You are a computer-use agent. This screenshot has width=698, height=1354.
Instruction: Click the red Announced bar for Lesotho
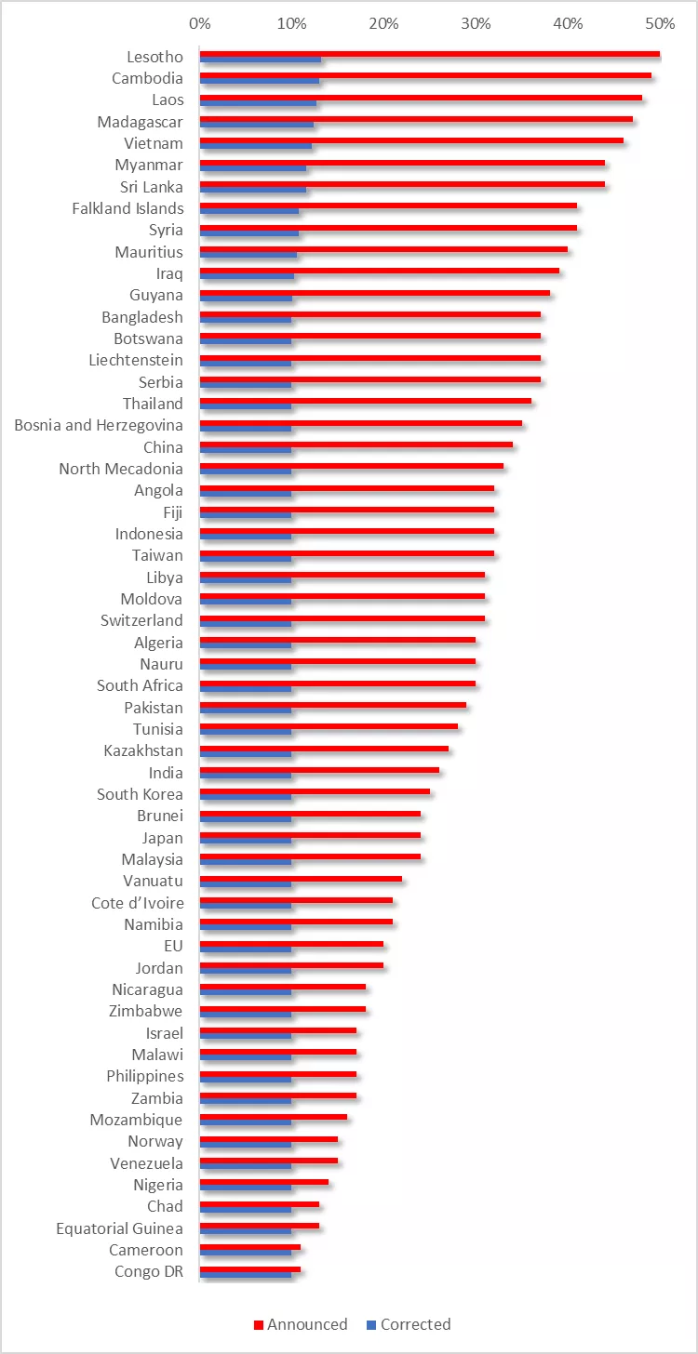pos(428,54)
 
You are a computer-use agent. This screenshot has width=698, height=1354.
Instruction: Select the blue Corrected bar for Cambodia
pos(260,82)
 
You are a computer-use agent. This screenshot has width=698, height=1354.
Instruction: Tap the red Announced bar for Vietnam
pos(409,140)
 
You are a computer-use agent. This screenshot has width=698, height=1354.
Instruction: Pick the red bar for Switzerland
pos(342,617)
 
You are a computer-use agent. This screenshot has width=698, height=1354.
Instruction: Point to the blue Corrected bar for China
pos(246,450)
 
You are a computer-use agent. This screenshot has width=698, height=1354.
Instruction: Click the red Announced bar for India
pos(319,769)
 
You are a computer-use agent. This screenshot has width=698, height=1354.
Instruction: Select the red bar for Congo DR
pos(249,1268)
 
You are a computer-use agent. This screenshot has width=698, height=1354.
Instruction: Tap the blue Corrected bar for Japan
pos(246,841)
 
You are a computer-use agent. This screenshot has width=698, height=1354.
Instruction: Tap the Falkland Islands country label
pos(128,208)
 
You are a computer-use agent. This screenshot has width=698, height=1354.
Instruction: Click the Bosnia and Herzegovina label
pos(99,425)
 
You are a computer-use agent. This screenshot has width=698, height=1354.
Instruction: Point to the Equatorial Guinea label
pos(119,1228)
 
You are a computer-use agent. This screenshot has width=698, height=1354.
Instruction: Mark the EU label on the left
pos(173,946)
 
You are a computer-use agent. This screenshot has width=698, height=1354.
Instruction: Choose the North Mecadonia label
pos(121,469)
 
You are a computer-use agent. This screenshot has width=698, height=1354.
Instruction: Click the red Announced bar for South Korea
pos(315,791)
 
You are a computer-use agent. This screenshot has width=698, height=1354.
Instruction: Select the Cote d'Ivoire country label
pos(138,903)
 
